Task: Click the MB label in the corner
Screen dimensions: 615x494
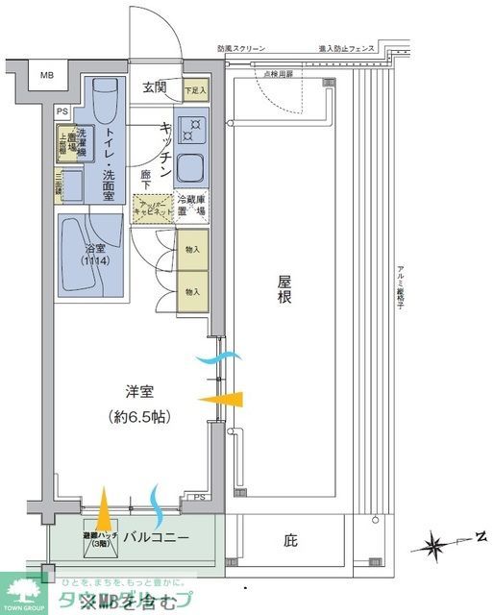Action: click(47, 75)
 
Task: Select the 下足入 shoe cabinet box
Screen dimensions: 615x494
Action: click(193, 89)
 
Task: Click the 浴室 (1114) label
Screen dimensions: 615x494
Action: click(93, 254)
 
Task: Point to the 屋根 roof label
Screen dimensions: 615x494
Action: click(284, 290)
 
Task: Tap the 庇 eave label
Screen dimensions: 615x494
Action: click(290, 541)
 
